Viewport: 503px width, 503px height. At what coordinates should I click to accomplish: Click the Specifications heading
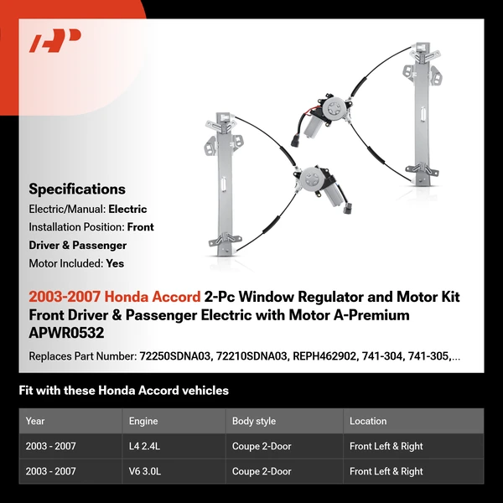77,189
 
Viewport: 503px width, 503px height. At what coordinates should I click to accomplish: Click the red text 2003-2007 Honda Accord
114,297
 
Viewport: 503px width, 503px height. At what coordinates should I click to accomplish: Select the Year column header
35,421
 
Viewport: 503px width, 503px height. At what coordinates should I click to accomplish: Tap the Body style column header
255,421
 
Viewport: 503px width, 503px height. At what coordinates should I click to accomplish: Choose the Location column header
368,421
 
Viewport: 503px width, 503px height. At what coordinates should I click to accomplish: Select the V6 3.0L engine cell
147,472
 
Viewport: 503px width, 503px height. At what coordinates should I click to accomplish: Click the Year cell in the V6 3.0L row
50,472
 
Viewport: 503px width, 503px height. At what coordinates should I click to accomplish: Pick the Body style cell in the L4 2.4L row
262,447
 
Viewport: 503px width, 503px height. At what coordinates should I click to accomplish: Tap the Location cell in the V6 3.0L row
386,472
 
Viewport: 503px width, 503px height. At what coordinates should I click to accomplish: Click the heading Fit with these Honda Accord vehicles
123,391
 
